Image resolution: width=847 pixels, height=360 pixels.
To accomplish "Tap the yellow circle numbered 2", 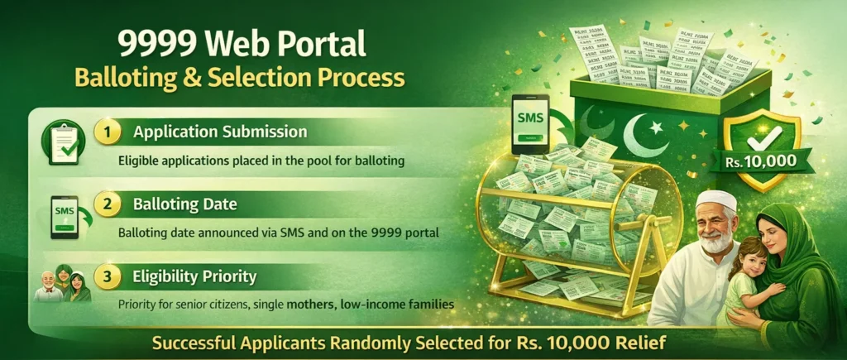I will (107, 204).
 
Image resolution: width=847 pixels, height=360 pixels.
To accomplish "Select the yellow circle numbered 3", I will (107, 276).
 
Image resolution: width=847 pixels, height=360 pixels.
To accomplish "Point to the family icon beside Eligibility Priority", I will (60, 286).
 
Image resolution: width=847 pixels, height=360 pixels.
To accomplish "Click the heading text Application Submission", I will (220, 132).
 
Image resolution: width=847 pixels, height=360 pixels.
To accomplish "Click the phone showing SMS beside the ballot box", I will (530, 122).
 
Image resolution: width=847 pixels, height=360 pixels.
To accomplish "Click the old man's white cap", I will (715, 200).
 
